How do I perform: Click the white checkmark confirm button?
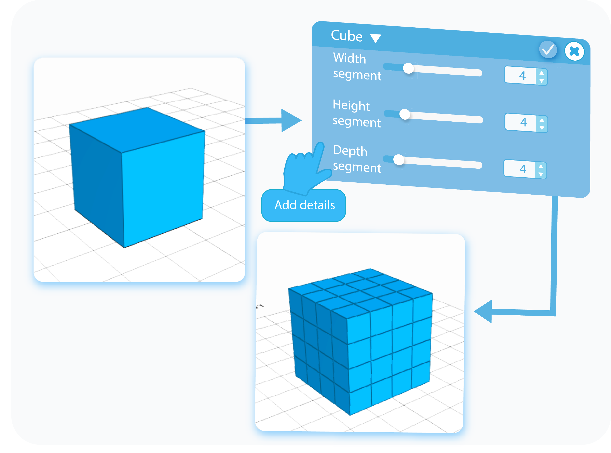(548, 50)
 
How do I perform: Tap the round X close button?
(574, 51)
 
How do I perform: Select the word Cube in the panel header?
(347, 36)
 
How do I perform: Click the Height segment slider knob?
(405, 114)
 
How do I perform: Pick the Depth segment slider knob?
(398, 160)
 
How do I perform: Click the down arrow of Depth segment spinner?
(541, 174)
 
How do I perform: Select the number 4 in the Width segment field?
(522, 75)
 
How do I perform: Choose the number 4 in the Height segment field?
(523, 122)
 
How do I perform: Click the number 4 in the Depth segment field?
(522, 169)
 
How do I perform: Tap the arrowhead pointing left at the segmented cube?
(484, 311)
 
